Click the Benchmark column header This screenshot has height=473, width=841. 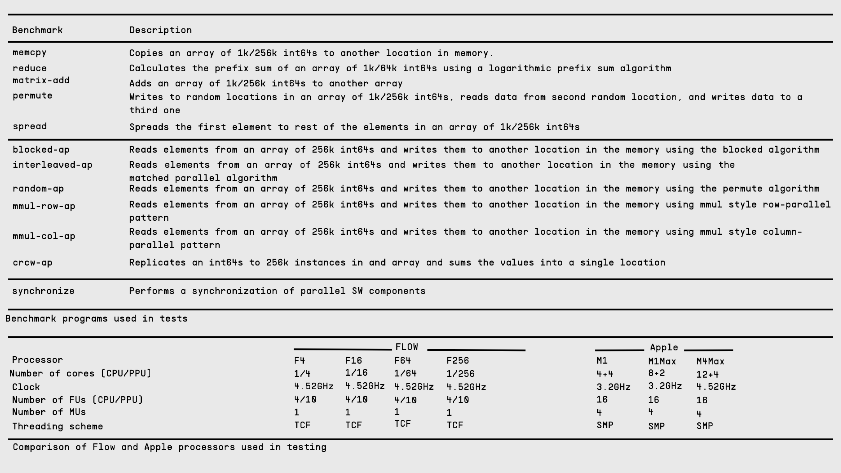(x=37, y=30)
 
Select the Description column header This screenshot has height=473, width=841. (x=160, y=30)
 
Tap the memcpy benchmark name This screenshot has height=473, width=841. (x=30, y=52)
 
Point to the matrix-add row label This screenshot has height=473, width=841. (x=41, y=80)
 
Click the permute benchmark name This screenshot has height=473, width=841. (x=32, y=95)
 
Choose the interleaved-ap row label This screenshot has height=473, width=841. (x=53, y=165)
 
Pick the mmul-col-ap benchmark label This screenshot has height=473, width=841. (x=44, y=236)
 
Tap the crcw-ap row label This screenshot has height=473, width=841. (x=32, y=262)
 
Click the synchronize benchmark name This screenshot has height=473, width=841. (x=43, y=291)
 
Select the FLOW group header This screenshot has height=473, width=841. (x=406, y=347)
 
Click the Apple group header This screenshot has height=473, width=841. (x=664, y=347)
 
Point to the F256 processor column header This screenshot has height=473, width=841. (x=457, y=360)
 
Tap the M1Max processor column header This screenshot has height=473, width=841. (x=662, y=361)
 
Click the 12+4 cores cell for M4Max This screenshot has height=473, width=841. (x=707, y=375)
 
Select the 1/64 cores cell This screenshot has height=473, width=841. (x=405, y=373)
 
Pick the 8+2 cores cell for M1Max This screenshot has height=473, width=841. (x=656, y=373)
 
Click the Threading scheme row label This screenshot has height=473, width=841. (x=58, y=426)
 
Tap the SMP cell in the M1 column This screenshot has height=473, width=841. (x=605, y=425)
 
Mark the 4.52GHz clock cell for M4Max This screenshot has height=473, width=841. (x=716, y=387)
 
